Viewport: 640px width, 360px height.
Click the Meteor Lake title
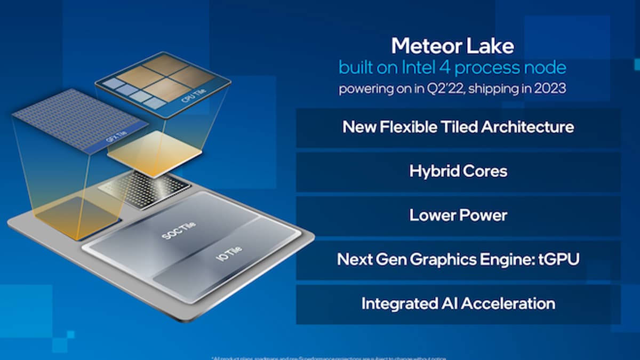coord(452,46)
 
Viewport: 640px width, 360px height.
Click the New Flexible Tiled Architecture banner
coord(458,127)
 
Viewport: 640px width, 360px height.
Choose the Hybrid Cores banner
coord(458,171)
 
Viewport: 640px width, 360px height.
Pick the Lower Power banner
coord(458,215)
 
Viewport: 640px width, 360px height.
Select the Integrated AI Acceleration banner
coord(458,303)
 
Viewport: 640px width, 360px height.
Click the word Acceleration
coord(508,303)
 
